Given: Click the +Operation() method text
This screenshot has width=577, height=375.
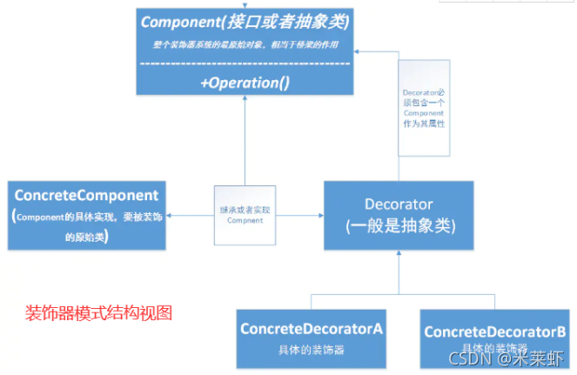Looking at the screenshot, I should [245, 84].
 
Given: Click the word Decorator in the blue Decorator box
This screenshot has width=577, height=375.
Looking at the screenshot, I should [399, 205].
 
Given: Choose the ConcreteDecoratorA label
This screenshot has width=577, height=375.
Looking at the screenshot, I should [312, 330].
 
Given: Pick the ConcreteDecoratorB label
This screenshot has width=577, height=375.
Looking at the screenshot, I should [495, 331].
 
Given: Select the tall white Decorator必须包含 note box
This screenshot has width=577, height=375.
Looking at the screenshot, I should [424, 108].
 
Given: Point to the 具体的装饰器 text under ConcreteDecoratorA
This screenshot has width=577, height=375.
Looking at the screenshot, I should [312, 350].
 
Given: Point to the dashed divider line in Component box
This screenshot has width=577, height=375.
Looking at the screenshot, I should [245, 64].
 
